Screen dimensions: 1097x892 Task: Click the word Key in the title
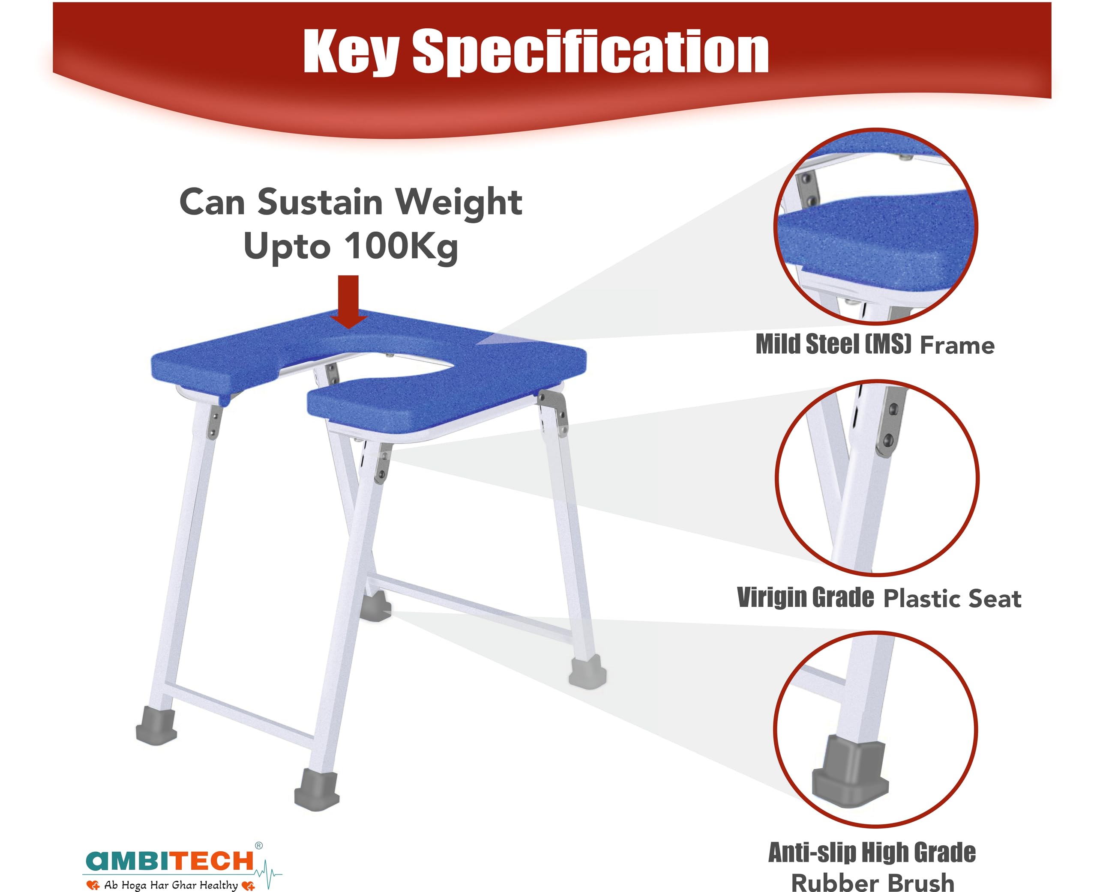click(x=351, y=52)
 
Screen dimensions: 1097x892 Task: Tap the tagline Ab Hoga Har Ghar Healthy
click(x=171, y=885)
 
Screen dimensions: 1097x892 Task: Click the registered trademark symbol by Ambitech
click(x=258, y=845)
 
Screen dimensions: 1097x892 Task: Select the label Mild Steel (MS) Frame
click(x=875, y=344)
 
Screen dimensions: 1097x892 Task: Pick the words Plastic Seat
click(x=952, y=599)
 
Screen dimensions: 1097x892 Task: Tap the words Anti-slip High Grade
click(x=872, y=853)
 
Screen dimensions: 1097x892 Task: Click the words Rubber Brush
click(x=872, y=882)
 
